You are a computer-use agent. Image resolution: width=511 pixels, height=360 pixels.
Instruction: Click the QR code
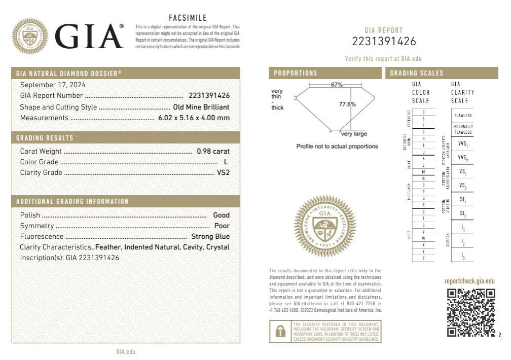(x=471, y=312)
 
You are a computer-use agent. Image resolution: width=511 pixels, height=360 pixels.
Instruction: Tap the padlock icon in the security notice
(x=279, y=331)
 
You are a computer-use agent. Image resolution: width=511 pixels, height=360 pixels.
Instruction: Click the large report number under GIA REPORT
(x=384, y=42)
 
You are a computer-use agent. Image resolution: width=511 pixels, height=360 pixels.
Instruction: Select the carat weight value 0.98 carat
(x=213, y=151)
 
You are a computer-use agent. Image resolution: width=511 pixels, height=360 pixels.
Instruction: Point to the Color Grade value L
(x=226, y=162)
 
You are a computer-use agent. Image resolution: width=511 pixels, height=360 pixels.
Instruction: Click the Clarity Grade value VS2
(x=223, y=173)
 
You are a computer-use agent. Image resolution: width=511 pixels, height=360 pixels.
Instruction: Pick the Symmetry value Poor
(x=222, y=226)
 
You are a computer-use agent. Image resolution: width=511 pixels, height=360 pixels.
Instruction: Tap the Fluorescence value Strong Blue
(x=210, y=236)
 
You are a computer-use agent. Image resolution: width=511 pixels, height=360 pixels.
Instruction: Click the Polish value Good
(x=221, y=215)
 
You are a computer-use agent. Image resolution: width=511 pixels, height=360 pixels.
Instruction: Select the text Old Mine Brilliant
(x=201, y=107)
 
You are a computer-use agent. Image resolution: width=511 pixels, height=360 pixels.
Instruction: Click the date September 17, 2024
(x=53, y=85)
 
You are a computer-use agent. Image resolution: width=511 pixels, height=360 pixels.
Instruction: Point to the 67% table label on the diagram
(x=337, y=85)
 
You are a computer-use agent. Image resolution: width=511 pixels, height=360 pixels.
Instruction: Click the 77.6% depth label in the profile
(x=347, y=104)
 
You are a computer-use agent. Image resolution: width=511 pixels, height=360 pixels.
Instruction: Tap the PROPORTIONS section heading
(x=296, y=74)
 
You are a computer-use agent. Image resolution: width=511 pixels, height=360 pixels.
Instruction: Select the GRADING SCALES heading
(x=417, y=74)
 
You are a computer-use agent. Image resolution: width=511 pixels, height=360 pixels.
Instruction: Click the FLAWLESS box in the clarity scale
(x=463, y=116)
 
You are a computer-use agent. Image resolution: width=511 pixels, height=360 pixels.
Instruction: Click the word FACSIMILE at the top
(x=188, y=18)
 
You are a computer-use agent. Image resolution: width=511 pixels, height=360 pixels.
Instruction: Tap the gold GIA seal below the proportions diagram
(x=325, y=226)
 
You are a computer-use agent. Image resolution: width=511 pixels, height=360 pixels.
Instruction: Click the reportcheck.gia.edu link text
(x=469, y=281)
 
